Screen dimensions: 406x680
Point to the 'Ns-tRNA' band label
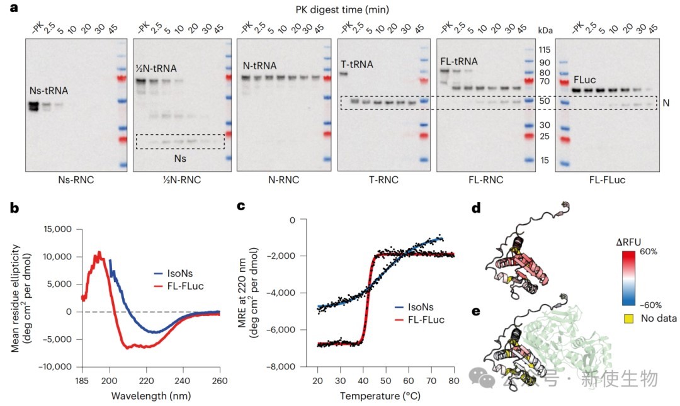[x=48, y=91]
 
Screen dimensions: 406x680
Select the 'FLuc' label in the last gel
[x=585, y=81]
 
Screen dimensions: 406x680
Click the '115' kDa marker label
[x=545, y=50]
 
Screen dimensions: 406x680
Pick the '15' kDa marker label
[x=545, y=161]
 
